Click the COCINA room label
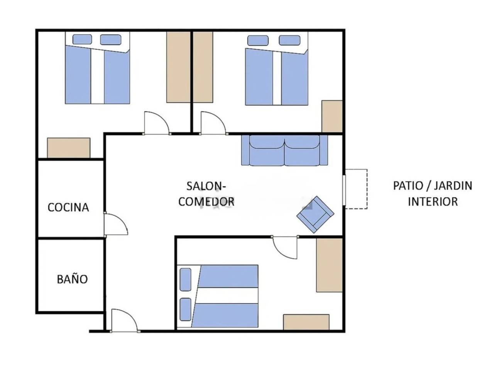68,207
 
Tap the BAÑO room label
72,279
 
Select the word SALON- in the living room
206,186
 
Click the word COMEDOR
206,201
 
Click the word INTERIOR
433,201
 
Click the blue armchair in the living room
315,214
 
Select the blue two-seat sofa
284,150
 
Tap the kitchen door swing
116,225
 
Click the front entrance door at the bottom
124,320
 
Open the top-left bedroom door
156,123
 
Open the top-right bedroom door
213,123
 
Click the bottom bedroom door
285,248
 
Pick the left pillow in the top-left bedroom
82,39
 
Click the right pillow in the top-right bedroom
290,40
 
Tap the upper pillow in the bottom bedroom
186,279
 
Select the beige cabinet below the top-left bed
69,148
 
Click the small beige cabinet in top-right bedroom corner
332,116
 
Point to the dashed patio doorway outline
357,189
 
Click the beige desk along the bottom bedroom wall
306,322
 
